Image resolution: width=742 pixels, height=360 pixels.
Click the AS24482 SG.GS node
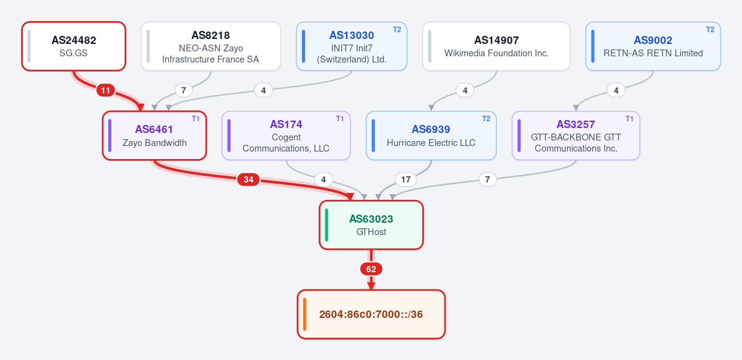point(74,46)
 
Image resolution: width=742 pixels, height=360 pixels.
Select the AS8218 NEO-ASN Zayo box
point(210,46)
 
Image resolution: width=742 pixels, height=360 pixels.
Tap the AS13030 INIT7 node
point(352,46)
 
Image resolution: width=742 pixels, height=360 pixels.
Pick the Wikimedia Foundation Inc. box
point(496,46)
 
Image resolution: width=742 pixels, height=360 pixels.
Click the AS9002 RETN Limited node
point(653,46)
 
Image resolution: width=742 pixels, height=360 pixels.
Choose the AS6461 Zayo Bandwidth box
point(154,135)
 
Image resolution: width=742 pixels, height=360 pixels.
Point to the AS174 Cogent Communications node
point(287,135)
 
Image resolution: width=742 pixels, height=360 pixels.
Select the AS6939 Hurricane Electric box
point(431,135)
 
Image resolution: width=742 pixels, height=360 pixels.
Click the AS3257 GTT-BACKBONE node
point(576,135)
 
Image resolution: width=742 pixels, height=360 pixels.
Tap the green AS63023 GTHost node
point(371,225)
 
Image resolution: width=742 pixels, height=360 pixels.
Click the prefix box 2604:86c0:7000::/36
point(371,314)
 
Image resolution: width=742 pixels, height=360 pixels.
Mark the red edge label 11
point(106,90)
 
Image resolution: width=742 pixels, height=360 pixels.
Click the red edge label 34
point(248,179)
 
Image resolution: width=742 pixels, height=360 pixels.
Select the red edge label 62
point(371,269)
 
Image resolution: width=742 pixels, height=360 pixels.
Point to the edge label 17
point(405,180)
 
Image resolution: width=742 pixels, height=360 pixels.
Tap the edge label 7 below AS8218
point(184,90)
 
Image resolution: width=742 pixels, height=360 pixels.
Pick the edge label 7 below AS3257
point(488,180)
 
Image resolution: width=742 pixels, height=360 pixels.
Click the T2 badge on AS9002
point(710,29)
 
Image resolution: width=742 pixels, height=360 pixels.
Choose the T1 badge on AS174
point(340,119)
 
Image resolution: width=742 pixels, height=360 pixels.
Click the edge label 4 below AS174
point(324,180)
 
